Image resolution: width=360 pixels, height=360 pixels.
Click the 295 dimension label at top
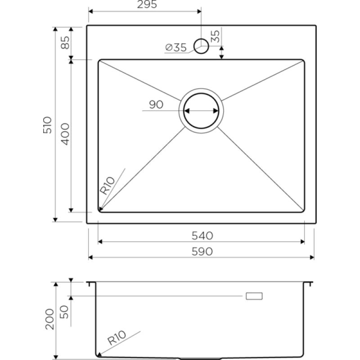tap(147, 4)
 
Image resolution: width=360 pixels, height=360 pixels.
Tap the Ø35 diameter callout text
tap(176, 48)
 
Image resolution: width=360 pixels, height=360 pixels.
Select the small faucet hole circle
tap(201, 46)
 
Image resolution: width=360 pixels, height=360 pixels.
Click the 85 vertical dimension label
tap(65, 42)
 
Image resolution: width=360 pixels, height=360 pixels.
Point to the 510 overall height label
tap(48, 125)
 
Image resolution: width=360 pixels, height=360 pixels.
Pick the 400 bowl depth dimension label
tap(65, 134)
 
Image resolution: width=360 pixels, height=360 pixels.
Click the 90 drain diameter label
tap(156, 105)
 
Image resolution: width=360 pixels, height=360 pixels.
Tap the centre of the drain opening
tap(201, 111)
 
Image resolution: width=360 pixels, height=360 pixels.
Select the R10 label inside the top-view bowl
tap(107, 185)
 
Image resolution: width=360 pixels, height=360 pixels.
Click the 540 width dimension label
tap(202, 236)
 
